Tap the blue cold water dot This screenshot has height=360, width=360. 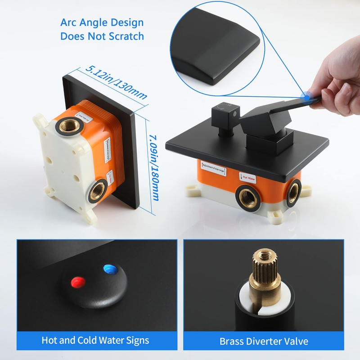[109, 270]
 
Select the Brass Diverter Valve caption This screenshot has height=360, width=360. [264, 341]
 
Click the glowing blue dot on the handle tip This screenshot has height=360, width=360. [307, 95]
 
